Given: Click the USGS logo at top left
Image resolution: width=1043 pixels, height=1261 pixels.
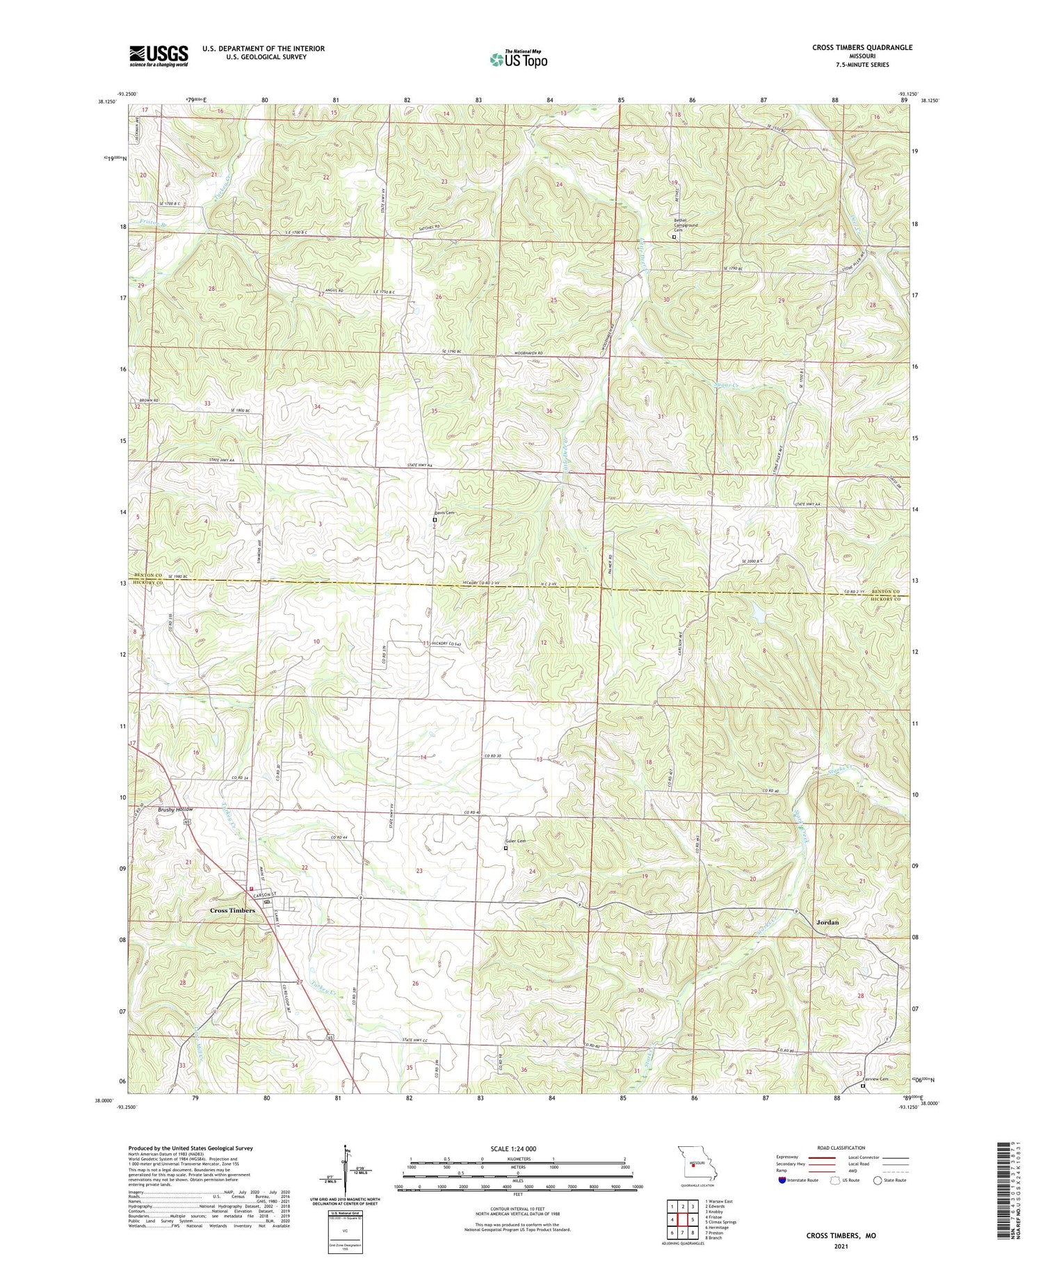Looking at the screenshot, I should pos(159,56).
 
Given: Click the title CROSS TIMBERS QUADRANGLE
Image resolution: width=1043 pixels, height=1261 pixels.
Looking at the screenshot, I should pos(862,47).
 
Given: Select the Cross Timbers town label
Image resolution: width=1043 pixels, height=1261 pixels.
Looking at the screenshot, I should pos(233,910).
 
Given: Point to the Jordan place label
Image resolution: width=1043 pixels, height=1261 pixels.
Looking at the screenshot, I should pos(826,922).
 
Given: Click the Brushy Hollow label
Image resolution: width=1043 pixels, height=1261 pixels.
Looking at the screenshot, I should pos(175,810).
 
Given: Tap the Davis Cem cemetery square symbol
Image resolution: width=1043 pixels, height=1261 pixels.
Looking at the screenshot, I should pos(435,520).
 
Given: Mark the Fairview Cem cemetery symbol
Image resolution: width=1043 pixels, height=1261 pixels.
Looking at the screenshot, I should pos(864,1086).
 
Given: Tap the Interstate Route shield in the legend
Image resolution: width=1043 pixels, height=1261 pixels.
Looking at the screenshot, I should pos(783,1180).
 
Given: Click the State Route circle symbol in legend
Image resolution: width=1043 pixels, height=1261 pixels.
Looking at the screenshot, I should pos(878,1180).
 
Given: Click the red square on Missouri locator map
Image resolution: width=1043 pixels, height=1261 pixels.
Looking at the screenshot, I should pos(693,1171).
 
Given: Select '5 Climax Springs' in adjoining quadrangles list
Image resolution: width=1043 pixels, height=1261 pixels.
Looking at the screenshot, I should pos(720,1221).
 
